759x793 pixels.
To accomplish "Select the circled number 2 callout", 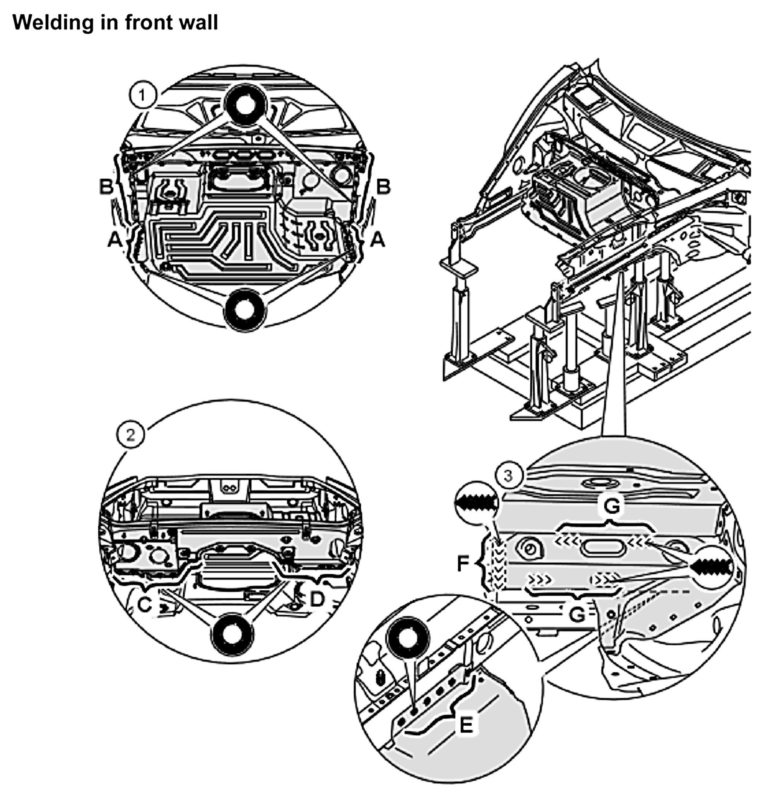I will coord(130,436).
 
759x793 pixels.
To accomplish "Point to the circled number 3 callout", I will coord(508,475).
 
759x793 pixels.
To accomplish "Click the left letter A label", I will coord(115,240).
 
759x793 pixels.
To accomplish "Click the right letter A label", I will coord(378,240).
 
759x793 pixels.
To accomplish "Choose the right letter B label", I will coord(383,187).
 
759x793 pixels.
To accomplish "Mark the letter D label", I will coord(317,600).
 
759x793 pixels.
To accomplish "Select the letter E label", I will coord(466,725).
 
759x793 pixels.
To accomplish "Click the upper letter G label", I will coord(610,506).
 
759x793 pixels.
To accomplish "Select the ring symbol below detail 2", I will coord(232,634).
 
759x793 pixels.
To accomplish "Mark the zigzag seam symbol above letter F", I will coord(476,504).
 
